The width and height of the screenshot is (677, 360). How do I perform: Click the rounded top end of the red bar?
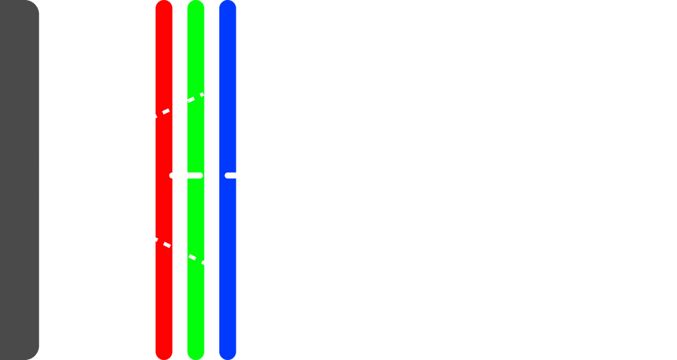164,5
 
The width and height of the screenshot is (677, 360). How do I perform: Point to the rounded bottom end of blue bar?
228,354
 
